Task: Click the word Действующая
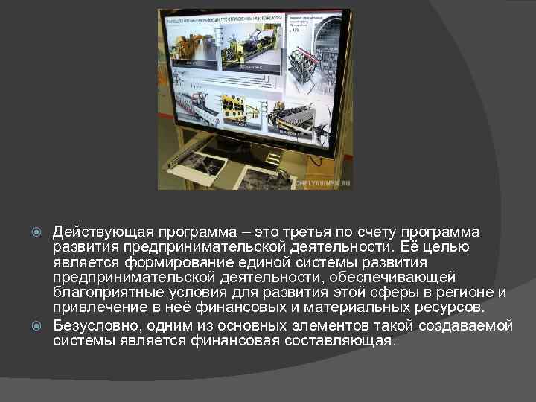(97, 232)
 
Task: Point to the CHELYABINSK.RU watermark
(322, 182)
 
